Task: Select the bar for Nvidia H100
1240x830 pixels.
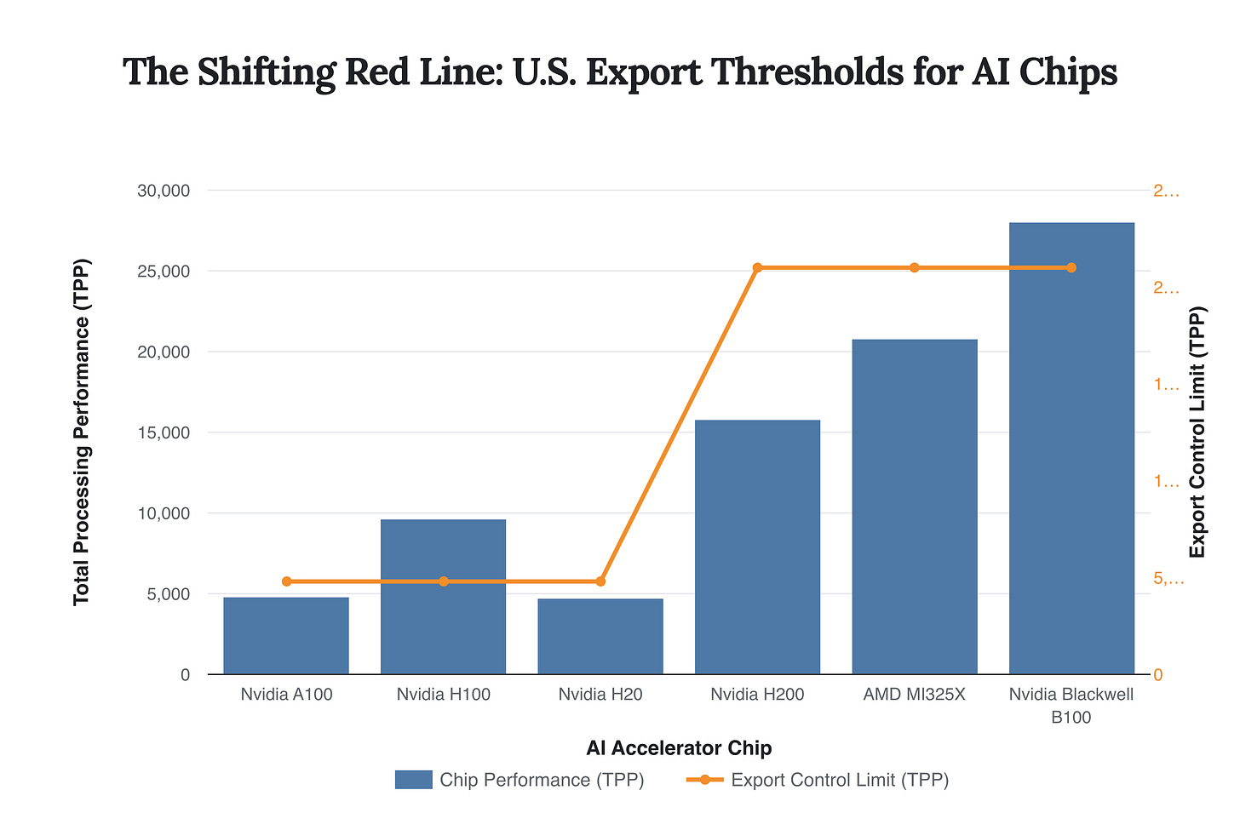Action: click(443, 596)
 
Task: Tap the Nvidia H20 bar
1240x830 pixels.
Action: click(600, 636)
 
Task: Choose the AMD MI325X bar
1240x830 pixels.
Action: click(915, 507)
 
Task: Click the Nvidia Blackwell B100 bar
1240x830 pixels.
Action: click(1071, 448)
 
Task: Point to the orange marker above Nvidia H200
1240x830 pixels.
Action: click(757, 267)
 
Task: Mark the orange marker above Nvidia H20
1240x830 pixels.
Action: click(600, 581)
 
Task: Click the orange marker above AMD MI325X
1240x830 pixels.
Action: click(915, 267)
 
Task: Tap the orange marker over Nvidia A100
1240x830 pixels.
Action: click(286, 581)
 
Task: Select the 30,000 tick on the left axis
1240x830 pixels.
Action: click(163, 191)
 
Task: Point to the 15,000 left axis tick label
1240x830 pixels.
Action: click(163, 432)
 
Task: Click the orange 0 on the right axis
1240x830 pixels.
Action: click(1158, 675)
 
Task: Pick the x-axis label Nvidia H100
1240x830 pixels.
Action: click(443, 695)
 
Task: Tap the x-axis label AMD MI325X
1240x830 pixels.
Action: click(915, 695)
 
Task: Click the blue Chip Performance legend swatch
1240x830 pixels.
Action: click(413, 780)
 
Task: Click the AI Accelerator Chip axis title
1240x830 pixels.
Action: click(679, 748)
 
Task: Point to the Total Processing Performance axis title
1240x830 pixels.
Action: click(82, 432)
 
